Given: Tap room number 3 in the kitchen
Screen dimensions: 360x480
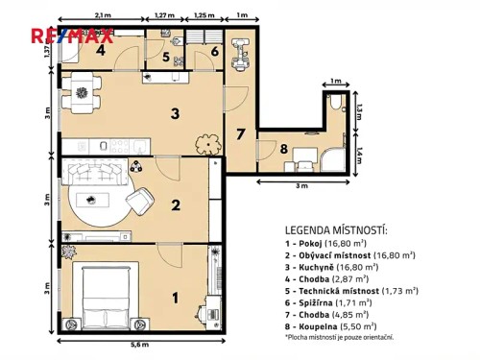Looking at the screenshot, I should [x=175, y=114].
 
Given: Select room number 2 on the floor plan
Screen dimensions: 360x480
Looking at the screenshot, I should [x=176, y=204].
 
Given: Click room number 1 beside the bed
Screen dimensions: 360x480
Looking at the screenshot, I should [x=175, y=298].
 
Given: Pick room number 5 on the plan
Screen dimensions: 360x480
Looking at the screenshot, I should [x=166, y=58].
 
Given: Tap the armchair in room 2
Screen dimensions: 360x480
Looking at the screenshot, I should [x=140, y=201].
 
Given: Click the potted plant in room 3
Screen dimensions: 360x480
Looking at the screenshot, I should [x=206, y=146].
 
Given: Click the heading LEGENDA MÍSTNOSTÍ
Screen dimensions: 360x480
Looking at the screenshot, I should [x=335, y=231].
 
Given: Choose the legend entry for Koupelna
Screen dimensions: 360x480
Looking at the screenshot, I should [x=329, y=325].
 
